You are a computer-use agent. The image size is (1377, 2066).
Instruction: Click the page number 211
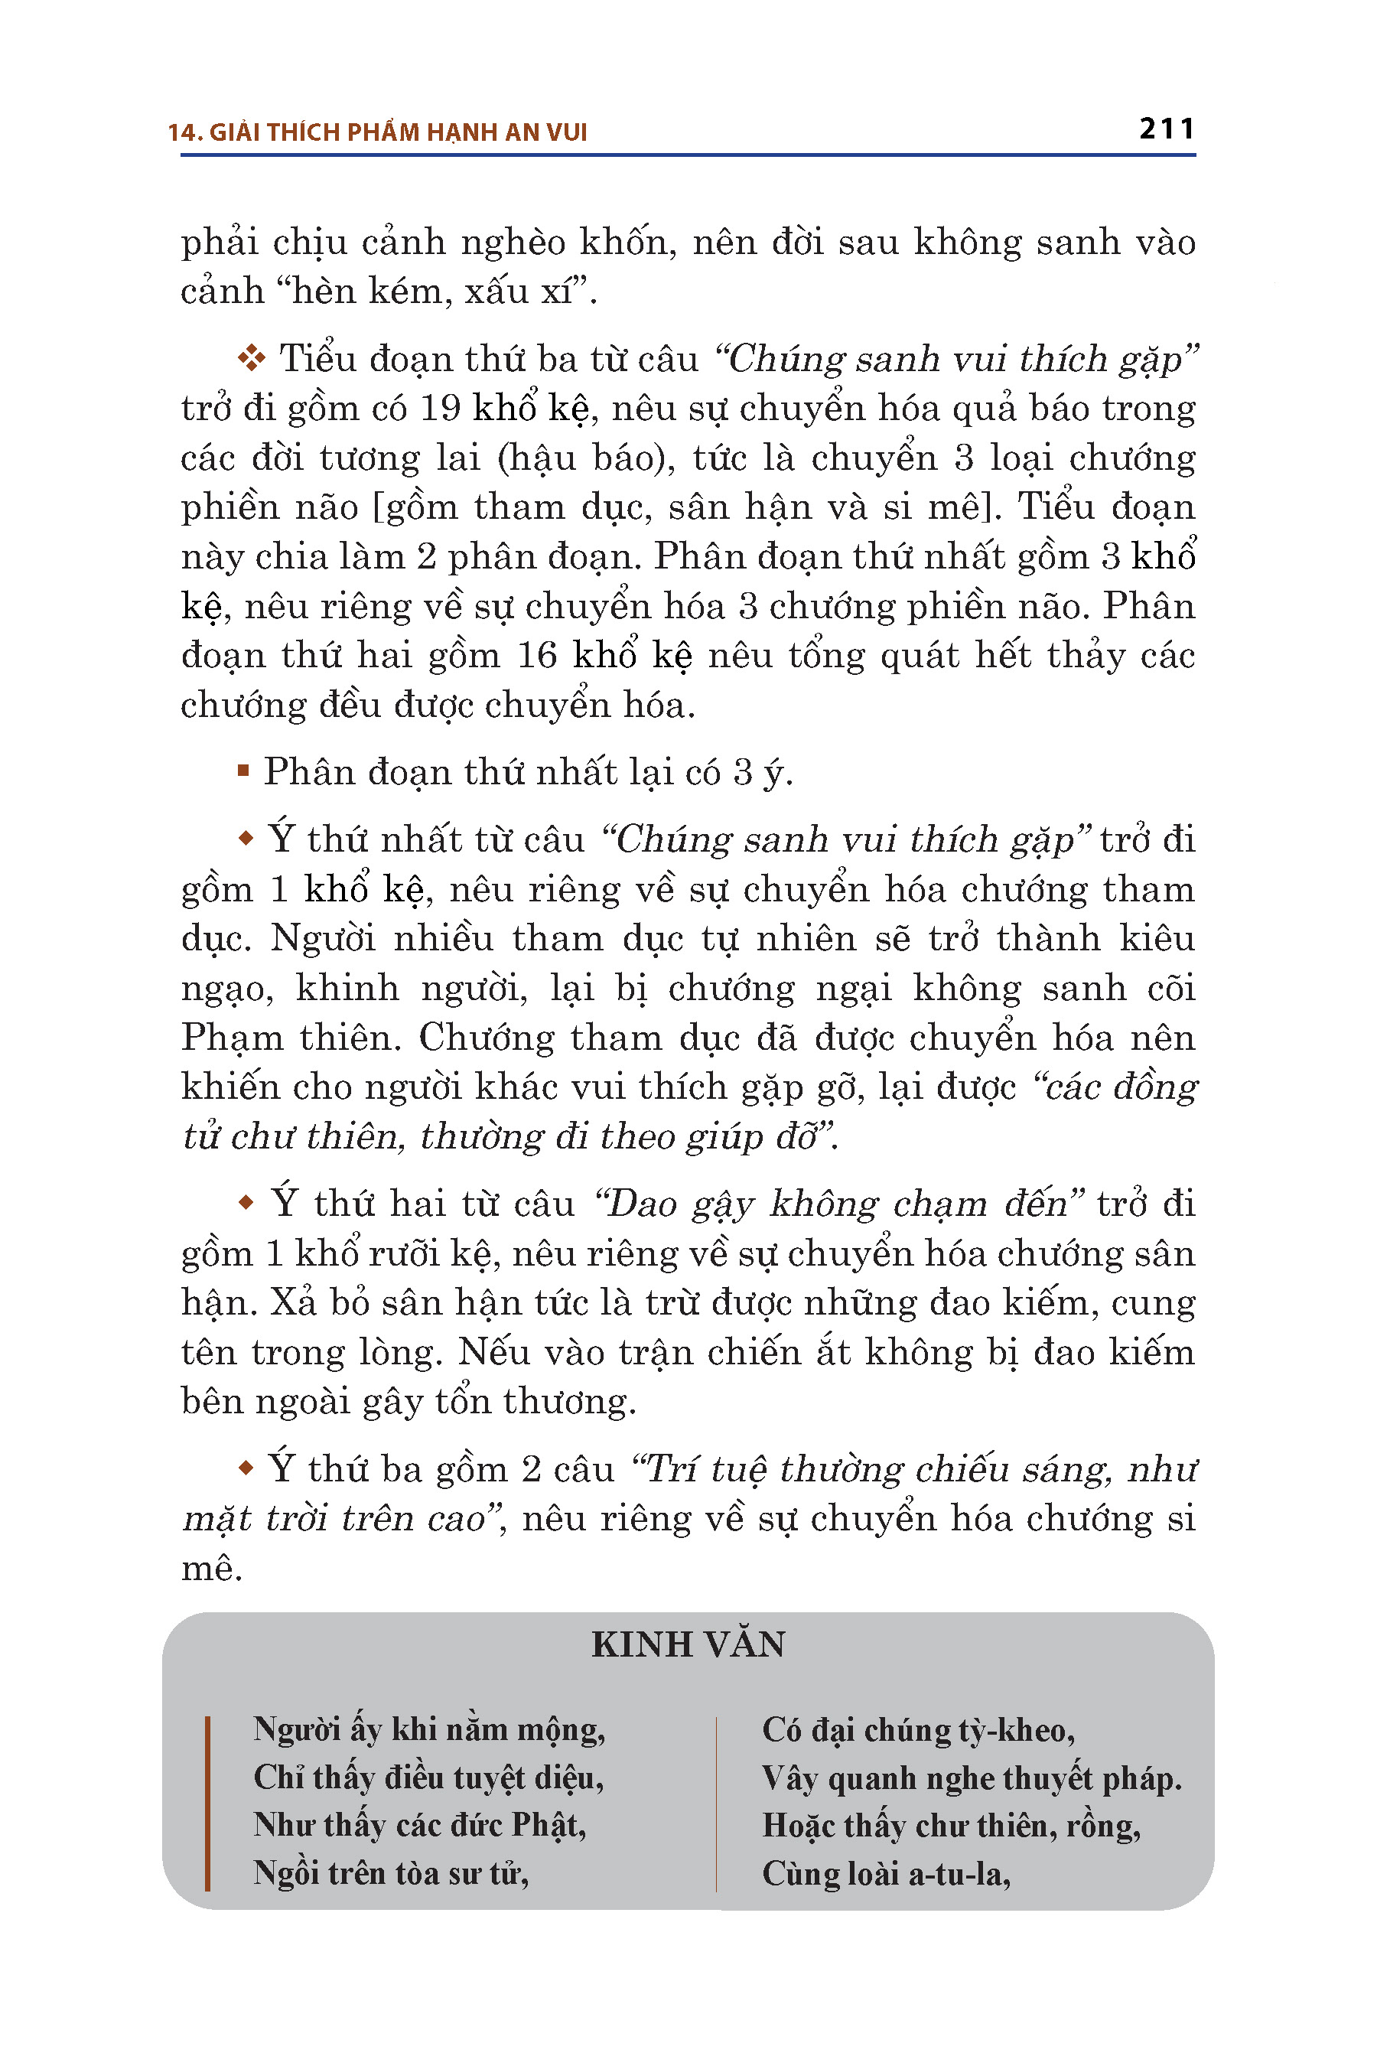[1166, 129]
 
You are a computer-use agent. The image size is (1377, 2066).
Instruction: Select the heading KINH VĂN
[688, 1644]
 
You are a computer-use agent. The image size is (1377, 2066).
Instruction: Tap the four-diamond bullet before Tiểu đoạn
[251, 358]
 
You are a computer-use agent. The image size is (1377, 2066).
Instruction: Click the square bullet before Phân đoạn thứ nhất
[243, 771]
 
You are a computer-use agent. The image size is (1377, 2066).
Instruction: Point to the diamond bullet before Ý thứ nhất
[246, 839]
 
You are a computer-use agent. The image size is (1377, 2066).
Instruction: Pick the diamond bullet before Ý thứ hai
[246, 1201]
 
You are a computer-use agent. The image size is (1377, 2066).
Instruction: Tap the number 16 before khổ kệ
[536, 657]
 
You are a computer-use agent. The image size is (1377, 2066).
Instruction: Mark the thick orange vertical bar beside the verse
[207, 1803]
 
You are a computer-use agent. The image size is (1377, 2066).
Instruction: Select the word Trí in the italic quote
[669, 1468]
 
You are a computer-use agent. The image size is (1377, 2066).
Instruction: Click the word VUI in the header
[566, 132]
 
